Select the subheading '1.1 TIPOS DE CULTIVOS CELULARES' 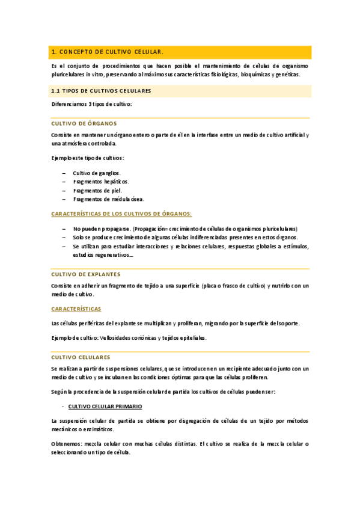tap(101, 91)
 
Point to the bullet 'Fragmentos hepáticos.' tap(101, 181)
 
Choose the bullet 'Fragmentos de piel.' tap(97, 190)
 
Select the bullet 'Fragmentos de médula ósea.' tap(108, 198)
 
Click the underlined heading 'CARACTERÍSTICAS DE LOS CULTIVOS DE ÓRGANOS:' tap(121, 214)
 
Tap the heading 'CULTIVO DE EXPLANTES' tap(85, 274)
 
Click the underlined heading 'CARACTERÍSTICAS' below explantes tap(76, 309)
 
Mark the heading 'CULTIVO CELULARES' tap(81, 357)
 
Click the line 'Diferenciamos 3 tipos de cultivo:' tap(91, 104)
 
